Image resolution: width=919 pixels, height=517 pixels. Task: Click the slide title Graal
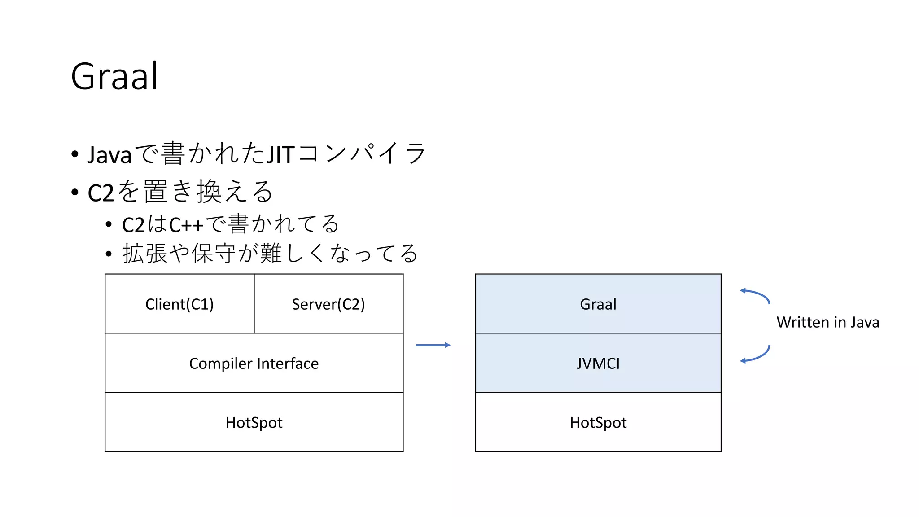point(114,76)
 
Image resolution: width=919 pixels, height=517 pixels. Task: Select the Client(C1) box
point(179,304)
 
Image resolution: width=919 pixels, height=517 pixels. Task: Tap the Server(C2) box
point(328,304)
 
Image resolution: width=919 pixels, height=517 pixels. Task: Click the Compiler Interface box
point(254,363)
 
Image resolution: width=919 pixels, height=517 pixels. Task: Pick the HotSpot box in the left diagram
point(254,422)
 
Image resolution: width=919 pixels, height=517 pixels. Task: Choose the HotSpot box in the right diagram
point(598,422)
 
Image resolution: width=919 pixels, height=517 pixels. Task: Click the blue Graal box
point(598,304)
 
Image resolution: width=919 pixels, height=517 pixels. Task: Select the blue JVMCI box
point(598,363)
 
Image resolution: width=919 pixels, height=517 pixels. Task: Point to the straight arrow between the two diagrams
point(433,345)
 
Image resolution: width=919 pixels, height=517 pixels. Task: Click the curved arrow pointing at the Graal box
point(756,294)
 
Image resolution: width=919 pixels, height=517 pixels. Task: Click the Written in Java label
point(828,322)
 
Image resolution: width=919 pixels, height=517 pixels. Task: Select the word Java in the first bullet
point(109,155)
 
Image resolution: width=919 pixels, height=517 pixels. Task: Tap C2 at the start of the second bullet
point(101,193)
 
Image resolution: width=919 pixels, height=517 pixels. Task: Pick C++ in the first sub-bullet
point(186,224)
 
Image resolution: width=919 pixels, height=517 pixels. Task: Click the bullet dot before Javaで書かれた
point(75,154)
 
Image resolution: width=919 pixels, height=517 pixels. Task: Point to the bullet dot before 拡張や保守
point(109,254)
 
